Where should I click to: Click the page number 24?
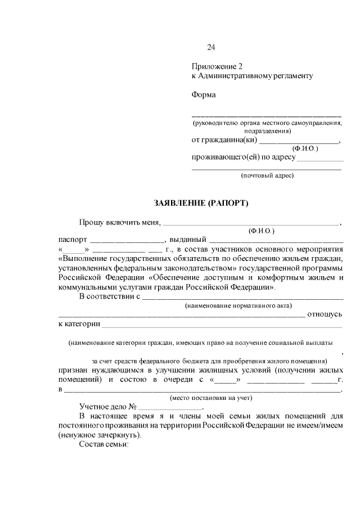211,47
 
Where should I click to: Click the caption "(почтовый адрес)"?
267,175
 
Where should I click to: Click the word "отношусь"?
326,314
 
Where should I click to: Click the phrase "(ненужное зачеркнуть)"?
100,435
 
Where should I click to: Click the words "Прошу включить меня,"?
120,222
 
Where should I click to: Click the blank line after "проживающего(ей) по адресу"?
319,157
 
